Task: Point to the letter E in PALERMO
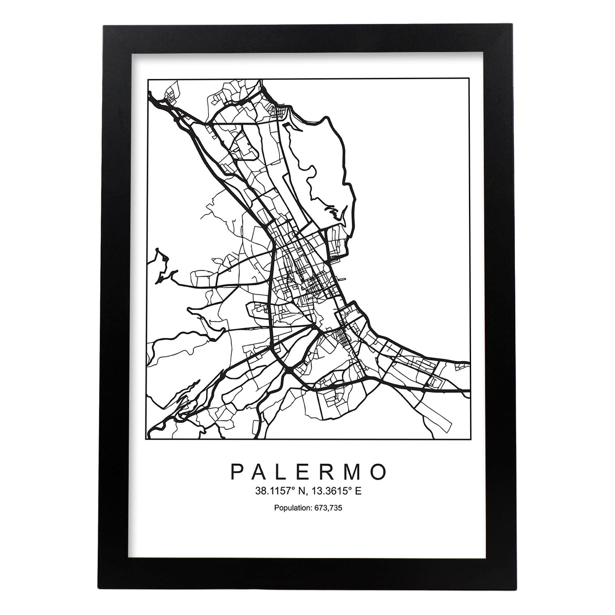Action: point(306,472)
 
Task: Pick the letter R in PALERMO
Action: point(329,472)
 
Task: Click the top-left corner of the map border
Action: point(148,79)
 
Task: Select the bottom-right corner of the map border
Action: point(469,439)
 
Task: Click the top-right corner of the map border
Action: point(469,79)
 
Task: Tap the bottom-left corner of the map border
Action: point(148,439)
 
